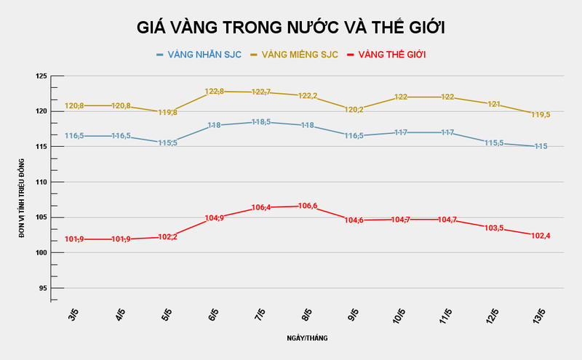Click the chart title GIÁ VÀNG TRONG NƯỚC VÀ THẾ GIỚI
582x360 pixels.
pos(291,28)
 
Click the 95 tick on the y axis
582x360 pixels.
pos(42,288)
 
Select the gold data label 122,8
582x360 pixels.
pos(214,92)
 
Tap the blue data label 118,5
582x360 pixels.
pos(260,122)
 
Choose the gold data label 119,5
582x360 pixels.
pos(540,115)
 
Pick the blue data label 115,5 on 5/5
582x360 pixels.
pos(167,143)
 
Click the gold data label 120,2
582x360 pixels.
pos(354,110)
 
